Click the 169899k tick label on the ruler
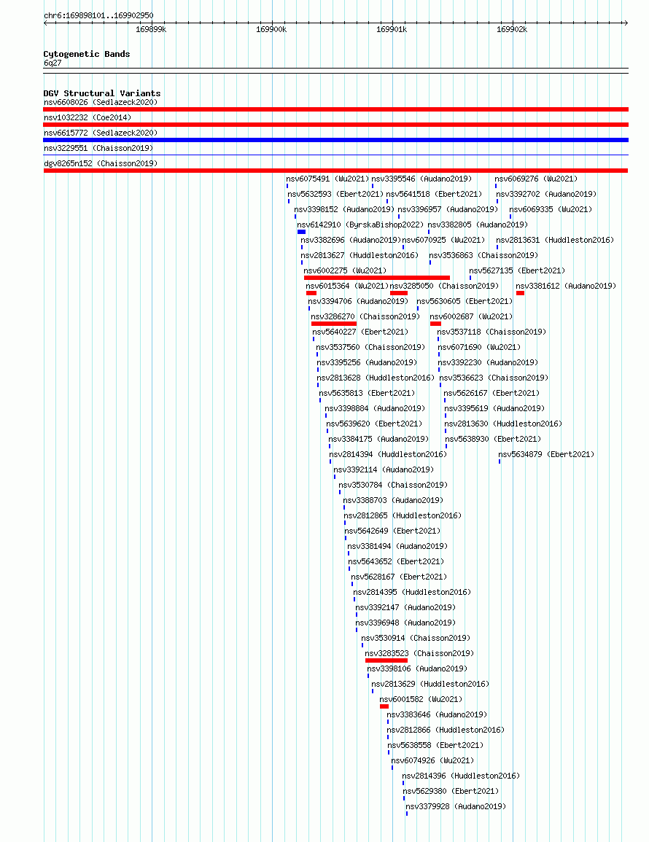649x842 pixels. (x=151, y=30)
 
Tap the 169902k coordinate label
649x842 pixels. (x=512, y=30)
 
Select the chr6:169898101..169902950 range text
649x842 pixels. (x=99, y=15)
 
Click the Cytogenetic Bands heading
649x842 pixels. (x=87, y=54)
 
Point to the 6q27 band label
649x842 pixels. (x=53, y=63)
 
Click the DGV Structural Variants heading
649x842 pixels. (x=102, y=93)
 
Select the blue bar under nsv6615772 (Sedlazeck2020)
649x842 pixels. (x=335, y=140)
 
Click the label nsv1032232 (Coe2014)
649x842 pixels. (x=88, y=117)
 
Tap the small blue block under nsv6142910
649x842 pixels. (x=301, y=232)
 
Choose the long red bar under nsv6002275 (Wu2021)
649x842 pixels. (x=376, y=278)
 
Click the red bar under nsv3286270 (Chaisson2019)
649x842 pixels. (x=334, y=324)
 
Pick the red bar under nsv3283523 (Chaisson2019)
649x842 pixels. (x=386, y=660)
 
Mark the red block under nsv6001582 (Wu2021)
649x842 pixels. (x=384, y=706)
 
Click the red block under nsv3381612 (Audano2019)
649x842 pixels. (x=520, y=293)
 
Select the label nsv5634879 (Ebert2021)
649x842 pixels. (x=546, y=454)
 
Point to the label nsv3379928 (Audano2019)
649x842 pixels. (x=456, y=806)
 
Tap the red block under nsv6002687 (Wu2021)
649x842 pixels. (x=436, y=324)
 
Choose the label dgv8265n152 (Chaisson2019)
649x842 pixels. (x=101, y=163)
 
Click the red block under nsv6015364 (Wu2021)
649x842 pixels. (x=311, y=293)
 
